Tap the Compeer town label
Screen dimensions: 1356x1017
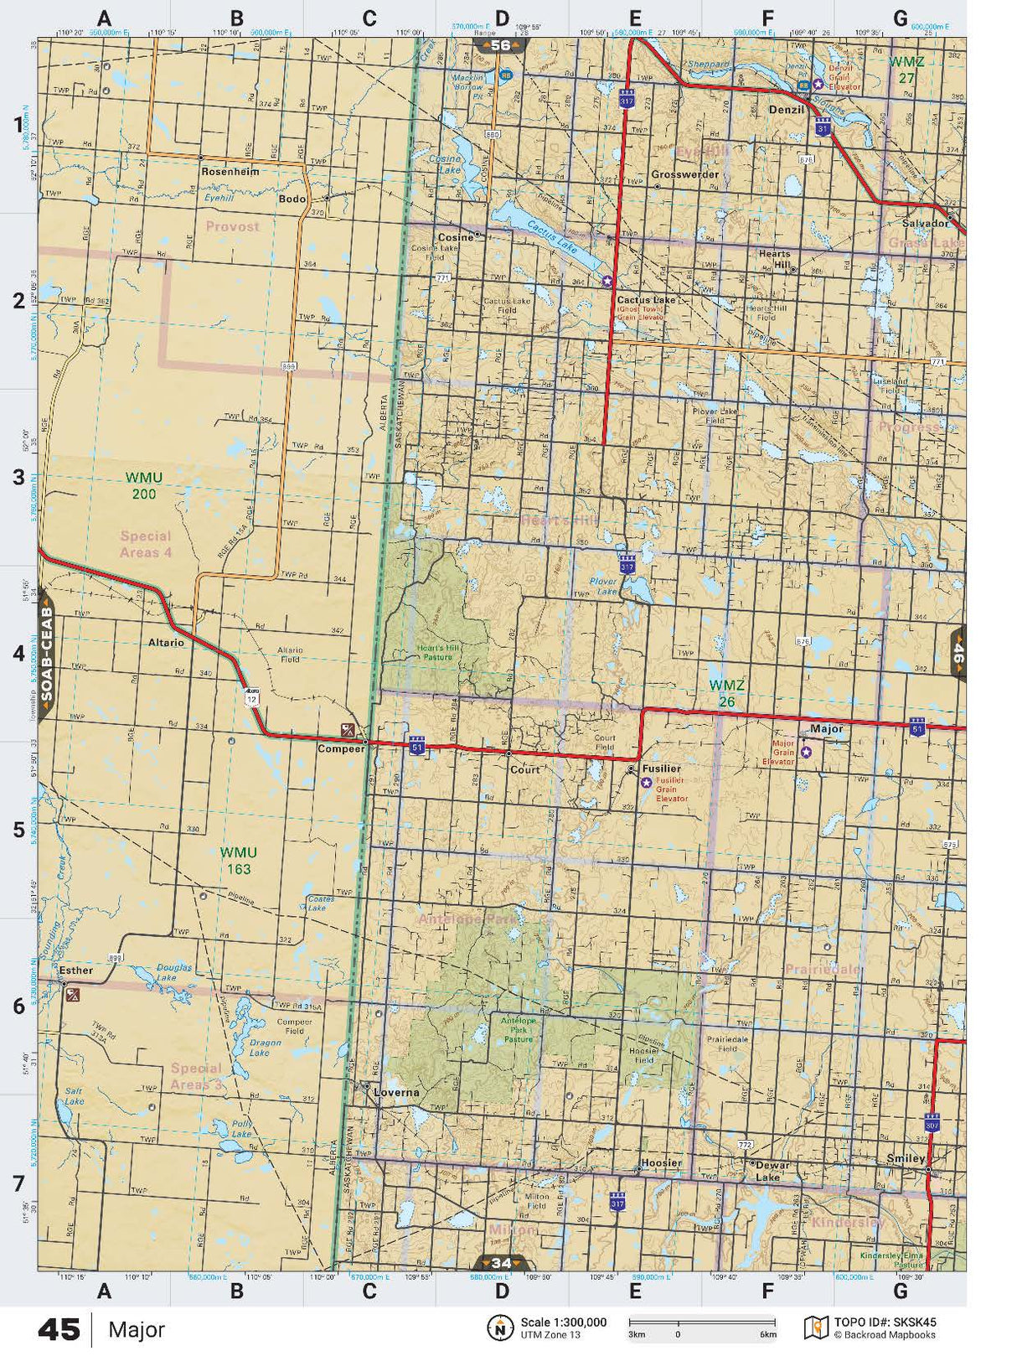(340, 749)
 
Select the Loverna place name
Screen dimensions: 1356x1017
(396, 1093)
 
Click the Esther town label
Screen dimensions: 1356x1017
(76, 970)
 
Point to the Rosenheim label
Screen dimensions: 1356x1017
(230, 171)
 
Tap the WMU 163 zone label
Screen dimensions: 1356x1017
(238, 861)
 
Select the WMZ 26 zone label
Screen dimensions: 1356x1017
(726, 694)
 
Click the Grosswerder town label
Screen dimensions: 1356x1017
(684, 175)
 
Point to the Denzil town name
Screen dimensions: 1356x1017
(786, 110)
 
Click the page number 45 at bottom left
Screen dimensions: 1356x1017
(59, 1330)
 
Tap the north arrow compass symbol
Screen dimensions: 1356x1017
(500, 1328)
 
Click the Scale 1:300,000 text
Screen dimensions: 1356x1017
(563, 1322)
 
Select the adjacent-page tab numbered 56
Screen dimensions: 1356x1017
(500, 45)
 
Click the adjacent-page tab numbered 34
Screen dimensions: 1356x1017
(501, 1263)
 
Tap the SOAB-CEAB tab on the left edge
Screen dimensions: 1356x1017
(46, 655)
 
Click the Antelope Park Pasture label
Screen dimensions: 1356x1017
(518, 1030)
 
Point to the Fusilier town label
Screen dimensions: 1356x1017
(661, 769)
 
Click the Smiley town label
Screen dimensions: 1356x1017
(906, 1159)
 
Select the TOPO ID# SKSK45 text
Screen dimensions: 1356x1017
(885, 1322)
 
